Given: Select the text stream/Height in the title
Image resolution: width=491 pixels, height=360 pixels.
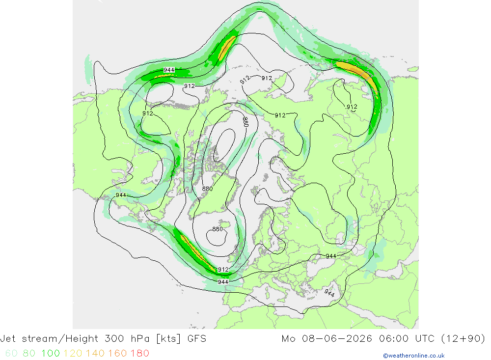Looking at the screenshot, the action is [x=60, y=339].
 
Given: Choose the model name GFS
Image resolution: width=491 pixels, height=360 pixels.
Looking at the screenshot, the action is [x=197, y=339].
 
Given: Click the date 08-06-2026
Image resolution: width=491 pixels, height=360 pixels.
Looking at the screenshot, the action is [x=337, y=339].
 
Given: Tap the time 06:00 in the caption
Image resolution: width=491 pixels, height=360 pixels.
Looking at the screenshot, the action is [x=394, y=339].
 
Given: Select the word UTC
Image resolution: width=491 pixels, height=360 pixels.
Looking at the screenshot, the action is [x=425, y=339].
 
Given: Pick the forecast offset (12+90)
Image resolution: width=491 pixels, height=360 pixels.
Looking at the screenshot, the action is [x=463, y=339].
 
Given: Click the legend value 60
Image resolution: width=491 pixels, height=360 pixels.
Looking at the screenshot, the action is [x=11, y=354].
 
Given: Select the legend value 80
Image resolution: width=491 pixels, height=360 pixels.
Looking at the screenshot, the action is [x=29, y=354].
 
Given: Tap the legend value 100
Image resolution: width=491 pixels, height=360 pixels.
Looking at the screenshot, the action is [x=51, y=354].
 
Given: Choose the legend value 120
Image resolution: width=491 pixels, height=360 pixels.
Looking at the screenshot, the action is [x=73, y=354].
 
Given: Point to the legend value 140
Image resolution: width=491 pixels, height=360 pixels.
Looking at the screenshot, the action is [x=95, y=354].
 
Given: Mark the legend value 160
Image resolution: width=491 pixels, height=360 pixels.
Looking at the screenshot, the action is [x=117, y=354].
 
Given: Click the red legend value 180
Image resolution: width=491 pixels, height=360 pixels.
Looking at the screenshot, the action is [x=139, y=354].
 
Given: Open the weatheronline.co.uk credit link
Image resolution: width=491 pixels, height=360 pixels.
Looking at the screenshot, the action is [x=413, y=356].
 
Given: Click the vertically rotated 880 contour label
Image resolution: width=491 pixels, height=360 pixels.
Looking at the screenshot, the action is [x=246, y=122].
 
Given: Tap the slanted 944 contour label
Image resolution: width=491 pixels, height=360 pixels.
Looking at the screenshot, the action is [x=329, y=293].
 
